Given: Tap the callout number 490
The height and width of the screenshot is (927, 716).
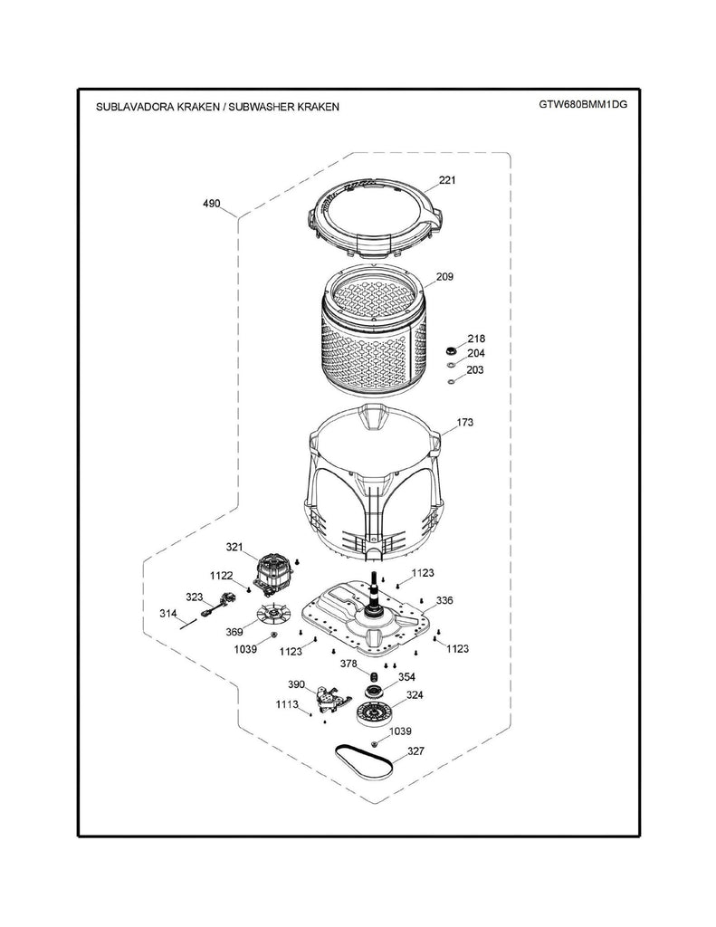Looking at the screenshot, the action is click(x=211, y=204).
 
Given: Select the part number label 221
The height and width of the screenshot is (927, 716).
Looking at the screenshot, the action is click(x=447, y=180).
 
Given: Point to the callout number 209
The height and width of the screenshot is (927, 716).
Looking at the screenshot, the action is click(x=444, y=276).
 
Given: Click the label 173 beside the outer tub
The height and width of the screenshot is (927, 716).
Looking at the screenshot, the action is click(x=464, y=423).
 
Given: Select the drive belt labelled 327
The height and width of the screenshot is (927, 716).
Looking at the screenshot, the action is click(x=364, y=762).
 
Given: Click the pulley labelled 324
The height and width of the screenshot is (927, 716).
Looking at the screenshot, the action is click(x=374, y=714).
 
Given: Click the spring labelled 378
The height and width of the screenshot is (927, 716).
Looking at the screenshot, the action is click(x=374, y=675).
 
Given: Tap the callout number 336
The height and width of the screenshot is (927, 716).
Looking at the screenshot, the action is click(x=444, y=601).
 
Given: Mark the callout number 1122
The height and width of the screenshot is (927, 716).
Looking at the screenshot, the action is click(x=221, y=576).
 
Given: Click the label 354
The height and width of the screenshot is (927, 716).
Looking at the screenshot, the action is click(x=406, y=677).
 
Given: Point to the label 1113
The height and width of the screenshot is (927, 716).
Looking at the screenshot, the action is click(x=287, y=704).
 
